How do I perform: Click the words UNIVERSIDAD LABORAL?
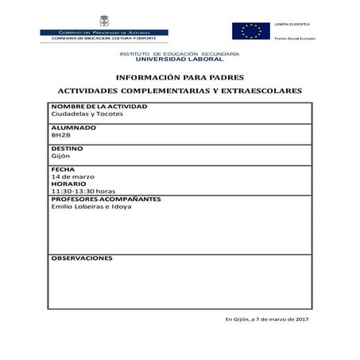tap(180, 60)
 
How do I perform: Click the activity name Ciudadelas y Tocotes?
tap(87, 114)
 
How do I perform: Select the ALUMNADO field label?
tap(73, 127)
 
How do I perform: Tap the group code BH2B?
tap(61, 135)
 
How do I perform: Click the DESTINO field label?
tap(68, 149)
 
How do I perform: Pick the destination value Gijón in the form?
tap(60, 156)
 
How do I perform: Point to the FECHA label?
tap(63, 169)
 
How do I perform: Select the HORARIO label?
tap(68, 184)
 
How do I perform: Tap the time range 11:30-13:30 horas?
tap(83, 192)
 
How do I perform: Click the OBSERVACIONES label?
tap(82, 258)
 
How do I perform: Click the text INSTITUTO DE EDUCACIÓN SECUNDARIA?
tap(180, 53)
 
